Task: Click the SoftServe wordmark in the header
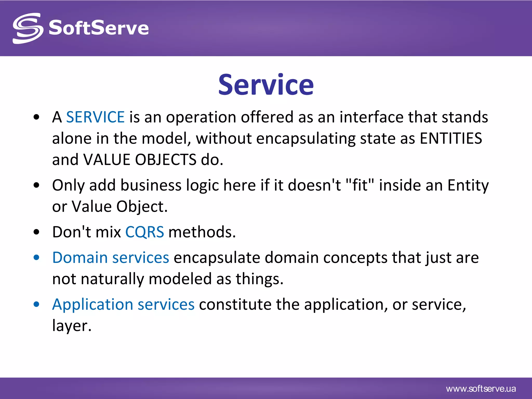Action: pyautogui.click(x=99, y=28)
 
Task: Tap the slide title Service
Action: pyautogui.click(x=266, y=85)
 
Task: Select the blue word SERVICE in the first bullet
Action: pyautogui.click(x=95, y=117)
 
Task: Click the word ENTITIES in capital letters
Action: pyautogui.click(x=451, y=138)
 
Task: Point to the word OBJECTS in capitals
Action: pyautogui.click(x=166, y=159)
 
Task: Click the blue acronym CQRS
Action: pyautogui.click(x=144, y=232)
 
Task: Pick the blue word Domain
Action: pyautogui.click(x=80, y=258)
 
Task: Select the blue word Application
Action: pyautogui.click(x=92, y=304)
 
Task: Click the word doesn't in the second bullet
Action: pyautogui.click(x=314, y=185)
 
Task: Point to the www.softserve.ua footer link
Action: pyautogui.click(x=481, y=389)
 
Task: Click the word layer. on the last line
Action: pyautogui.click(x=72, y=326)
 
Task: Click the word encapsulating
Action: pyautogui.click(x=306, y=138)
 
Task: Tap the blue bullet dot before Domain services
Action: pyautogui.click(x=36, y=258)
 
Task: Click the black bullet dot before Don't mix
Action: pyautogui.click(x=36, y=232)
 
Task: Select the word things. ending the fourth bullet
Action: pyautogui.click(x=259, y=279)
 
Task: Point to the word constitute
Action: pyautogui.click(x=235, y=304)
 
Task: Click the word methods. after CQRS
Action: pyautogui.click(x=202, y=232)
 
